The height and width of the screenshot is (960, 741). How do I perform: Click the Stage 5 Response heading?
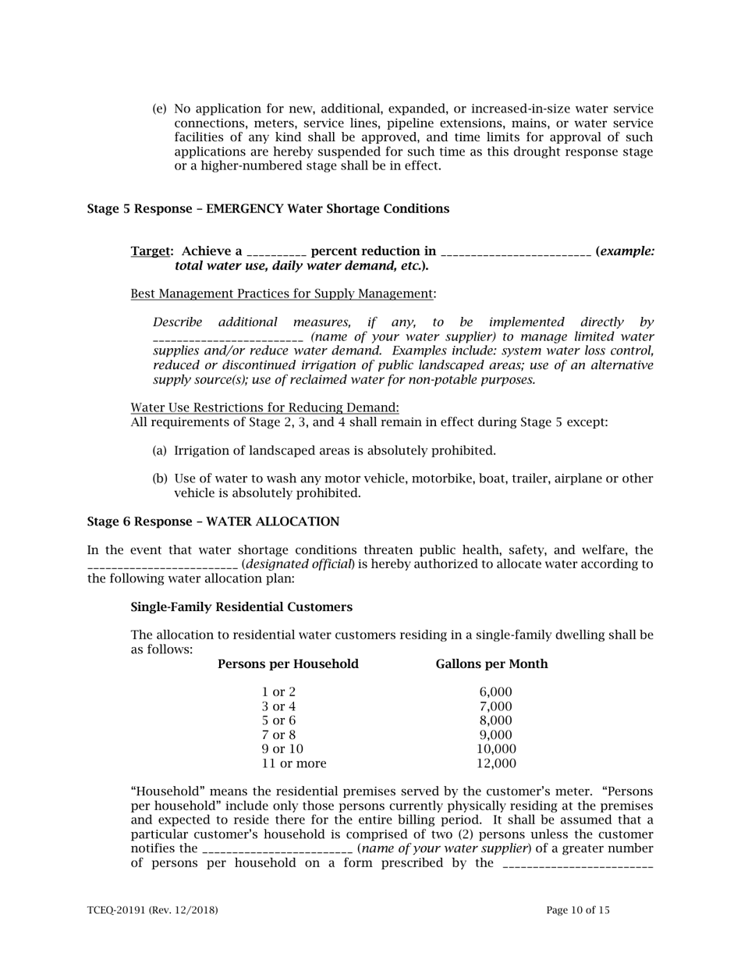[268, 209]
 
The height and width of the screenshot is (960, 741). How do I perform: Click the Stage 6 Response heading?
[213, 521]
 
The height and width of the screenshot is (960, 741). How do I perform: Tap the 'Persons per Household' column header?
[288, 664]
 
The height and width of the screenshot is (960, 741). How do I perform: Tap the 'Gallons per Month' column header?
[491, 664]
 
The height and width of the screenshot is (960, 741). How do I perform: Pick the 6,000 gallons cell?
[496, 692]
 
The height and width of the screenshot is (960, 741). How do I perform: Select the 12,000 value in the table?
[496, 763]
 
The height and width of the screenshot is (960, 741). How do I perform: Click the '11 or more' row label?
[294, 763]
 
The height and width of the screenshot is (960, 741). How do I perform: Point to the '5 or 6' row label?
[279, 720]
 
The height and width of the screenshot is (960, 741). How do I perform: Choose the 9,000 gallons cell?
[496, 734]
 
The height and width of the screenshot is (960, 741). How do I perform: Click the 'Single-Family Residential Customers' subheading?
[241, 607]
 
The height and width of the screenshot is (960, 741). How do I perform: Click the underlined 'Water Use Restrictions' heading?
[264, 407]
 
